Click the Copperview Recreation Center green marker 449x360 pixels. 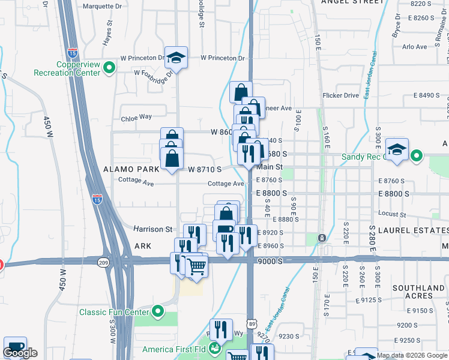point(109,69)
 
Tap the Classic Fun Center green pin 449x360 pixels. point(158,311)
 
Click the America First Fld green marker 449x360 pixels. point(212,349)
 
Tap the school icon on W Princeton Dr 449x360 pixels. point(175,58)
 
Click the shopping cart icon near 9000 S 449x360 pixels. point(196,267)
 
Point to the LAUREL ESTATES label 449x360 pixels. point(409,230)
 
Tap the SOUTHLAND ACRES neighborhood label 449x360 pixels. point(419,292)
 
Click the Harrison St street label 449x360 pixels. point(152,229)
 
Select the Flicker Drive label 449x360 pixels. point(340,95)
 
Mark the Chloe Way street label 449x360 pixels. point(136,117)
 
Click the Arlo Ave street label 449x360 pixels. point(414,46)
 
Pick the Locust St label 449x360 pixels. point(394,214)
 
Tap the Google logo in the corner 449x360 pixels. point(20,353)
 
